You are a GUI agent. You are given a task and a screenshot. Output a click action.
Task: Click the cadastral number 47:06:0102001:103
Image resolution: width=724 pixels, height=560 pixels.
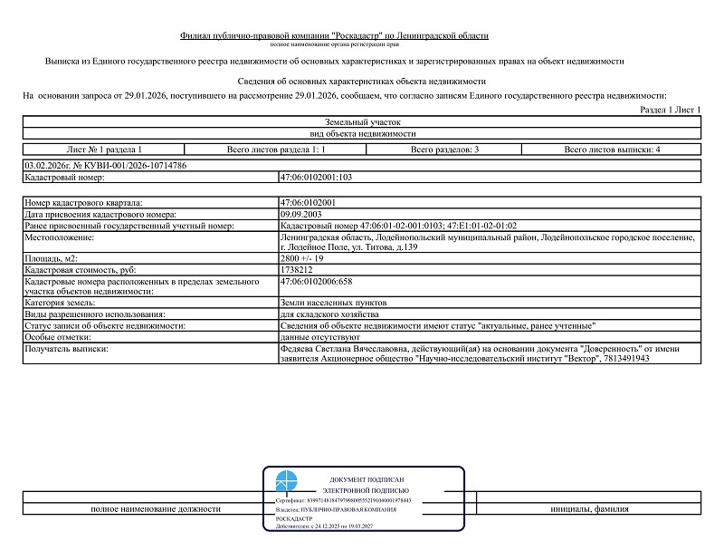coord(316,178)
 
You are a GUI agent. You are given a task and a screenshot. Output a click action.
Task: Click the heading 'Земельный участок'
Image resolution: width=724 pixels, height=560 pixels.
coord(361,121)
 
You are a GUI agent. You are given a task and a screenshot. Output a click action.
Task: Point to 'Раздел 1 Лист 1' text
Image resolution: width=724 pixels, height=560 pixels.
coord(671,110)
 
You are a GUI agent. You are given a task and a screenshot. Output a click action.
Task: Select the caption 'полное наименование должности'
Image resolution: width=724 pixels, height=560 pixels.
coord(156,508)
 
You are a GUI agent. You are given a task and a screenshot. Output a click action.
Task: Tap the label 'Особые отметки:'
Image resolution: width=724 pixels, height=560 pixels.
coord(60,336)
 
